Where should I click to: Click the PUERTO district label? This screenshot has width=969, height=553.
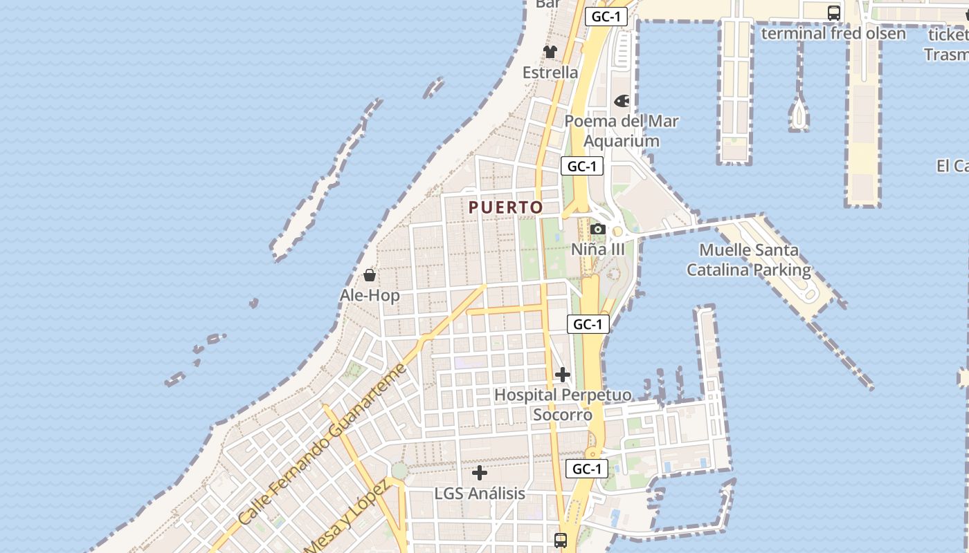(x=505, y=207)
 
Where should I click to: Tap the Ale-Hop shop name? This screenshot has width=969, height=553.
(x=370, y=296)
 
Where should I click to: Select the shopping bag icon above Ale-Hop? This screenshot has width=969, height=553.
(x=370, y=275)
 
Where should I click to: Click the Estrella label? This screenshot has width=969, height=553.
(x=550, y=73)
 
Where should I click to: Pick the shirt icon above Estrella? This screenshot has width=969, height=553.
(x=550, y=52)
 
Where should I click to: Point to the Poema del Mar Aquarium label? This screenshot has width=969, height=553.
(x=622, y=131)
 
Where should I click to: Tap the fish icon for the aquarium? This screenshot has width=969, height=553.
(x=622, y=102)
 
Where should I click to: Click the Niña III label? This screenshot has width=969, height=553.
(x=598, y=250)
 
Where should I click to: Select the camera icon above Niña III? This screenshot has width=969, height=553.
(x=598, y=229)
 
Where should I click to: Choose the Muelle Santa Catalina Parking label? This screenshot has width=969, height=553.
(x=749, y=260)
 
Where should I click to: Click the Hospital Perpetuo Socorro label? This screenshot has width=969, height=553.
(x=563, y=404)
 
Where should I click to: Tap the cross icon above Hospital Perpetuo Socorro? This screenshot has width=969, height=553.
(x=563, y=375)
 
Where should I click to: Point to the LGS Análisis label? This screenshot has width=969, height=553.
(x=480, y=494)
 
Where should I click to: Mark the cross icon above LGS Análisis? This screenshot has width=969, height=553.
(x=480, y=474)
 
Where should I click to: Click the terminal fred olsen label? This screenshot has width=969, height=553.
(x=833, y=33)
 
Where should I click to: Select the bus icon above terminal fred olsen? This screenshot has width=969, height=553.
(x=834, y=12)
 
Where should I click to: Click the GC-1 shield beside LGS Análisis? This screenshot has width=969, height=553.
(x=587, y=469)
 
